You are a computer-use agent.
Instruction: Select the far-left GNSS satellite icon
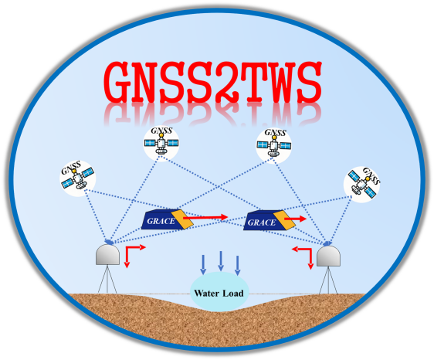[77, 178]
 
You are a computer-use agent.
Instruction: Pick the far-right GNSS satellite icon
[361, 185]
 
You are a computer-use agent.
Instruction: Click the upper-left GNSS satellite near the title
[161, 144]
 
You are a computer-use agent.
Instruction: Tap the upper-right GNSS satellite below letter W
[273, 145]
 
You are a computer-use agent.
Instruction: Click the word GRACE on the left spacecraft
[161, 221]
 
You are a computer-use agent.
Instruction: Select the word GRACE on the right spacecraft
[262, 222]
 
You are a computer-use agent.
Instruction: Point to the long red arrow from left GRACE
[205, 218]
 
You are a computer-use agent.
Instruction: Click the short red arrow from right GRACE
[295, 219]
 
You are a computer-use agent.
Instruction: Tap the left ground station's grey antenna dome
[107, 254]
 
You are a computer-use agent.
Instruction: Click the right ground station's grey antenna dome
[328, 256]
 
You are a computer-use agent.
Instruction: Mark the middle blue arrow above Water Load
[221, 261]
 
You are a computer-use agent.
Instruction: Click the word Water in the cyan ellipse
[206, 293]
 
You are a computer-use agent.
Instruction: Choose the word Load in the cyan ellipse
[233, 293]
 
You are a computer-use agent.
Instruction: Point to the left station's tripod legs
[107, 279]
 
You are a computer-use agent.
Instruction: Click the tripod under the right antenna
[328, 280]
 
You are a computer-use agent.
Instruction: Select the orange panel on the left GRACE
[181, 219]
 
